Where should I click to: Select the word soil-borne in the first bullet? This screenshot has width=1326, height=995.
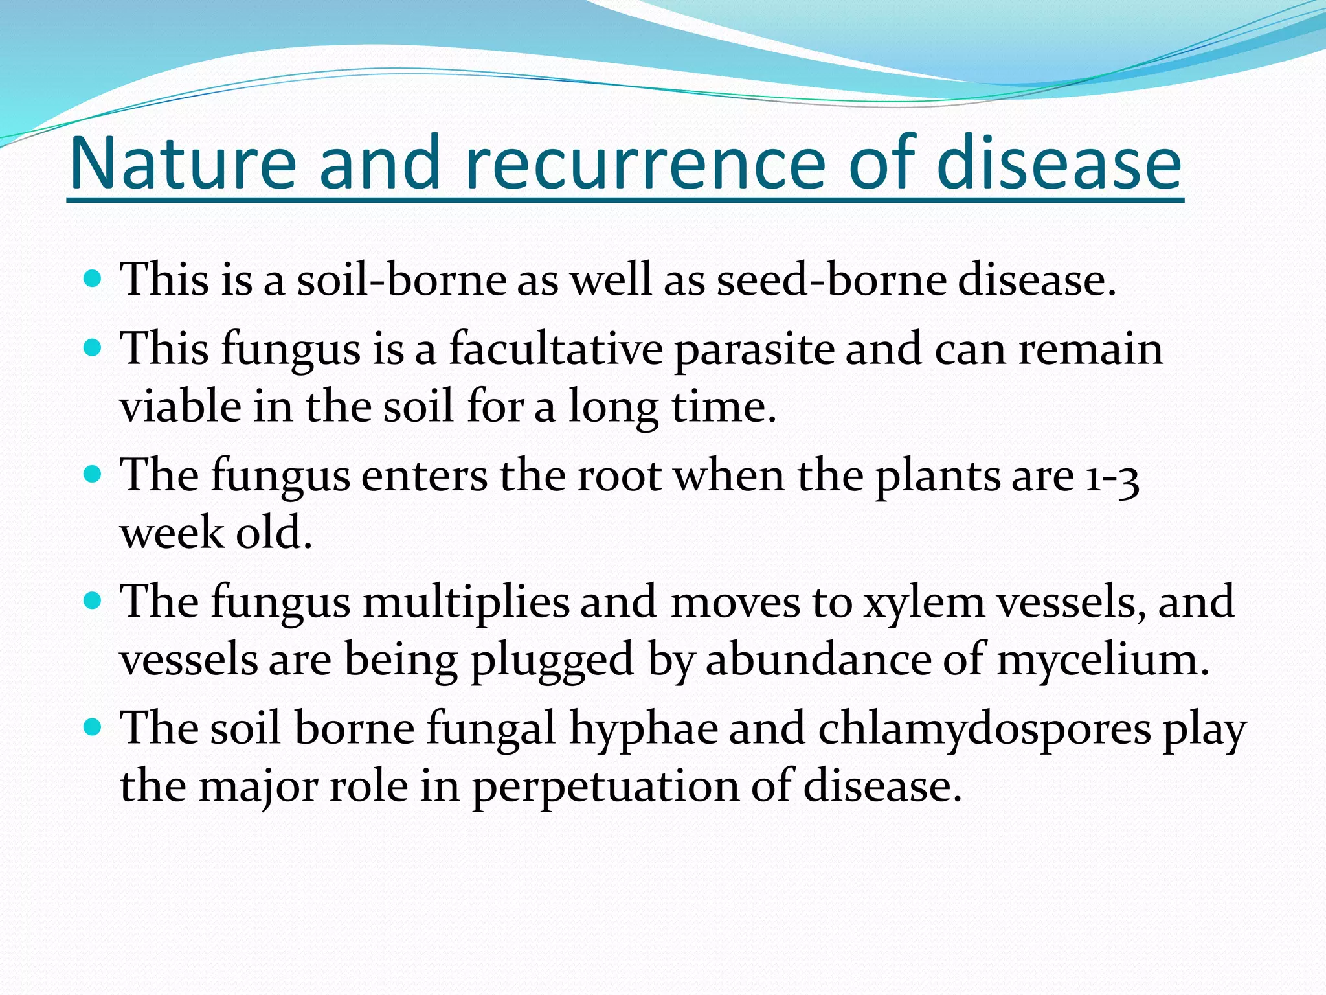[401, 280]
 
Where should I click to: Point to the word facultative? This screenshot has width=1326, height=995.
[556, 349]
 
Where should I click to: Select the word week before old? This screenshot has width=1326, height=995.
[172, 533]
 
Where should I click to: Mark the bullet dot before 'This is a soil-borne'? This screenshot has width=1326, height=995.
[93, 279]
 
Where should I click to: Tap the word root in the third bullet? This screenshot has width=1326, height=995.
[619, 477]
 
